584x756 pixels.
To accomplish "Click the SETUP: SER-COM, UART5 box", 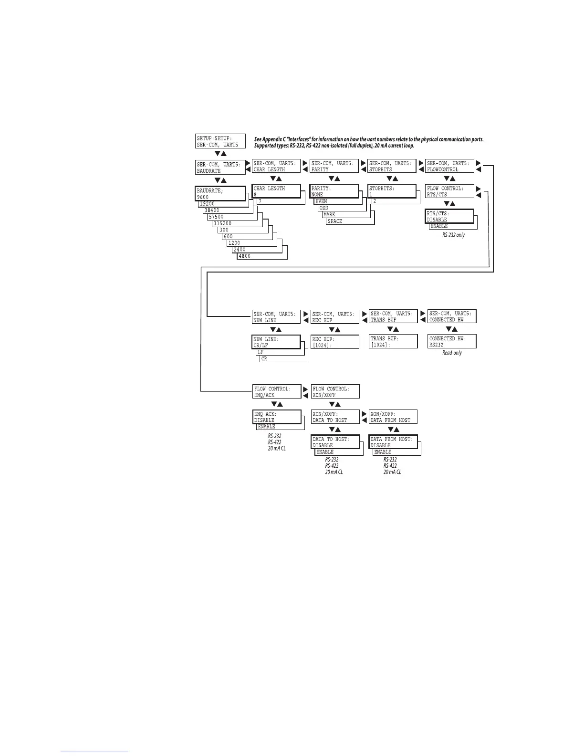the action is pos(220,141).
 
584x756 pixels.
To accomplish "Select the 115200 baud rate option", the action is pos(223,223).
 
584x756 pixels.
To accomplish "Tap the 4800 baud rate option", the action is pos(245,256).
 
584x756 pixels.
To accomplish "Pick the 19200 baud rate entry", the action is pos(208,204).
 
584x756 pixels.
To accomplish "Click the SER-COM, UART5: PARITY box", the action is pos(334,166).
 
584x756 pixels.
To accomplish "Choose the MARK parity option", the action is pos(330,215).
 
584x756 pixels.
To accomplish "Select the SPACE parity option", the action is pos(335,221).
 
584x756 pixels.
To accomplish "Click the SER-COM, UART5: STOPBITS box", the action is pos(392,166).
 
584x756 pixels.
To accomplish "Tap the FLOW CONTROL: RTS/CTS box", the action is pos(449,191).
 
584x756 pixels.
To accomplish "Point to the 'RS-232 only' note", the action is pos(453,235).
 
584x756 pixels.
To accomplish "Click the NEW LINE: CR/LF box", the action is pos(276,342).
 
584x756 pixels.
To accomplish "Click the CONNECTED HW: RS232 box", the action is pos(452,341).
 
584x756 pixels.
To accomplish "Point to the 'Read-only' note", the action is pos(452,353).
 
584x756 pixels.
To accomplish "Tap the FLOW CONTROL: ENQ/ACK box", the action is pos(277,392).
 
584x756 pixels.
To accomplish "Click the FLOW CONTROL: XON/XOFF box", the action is pos(335,392).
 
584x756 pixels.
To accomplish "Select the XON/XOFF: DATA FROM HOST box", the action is pos(393,417).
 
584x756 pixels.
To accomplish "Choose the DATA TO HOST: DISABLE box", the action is pos(335,442).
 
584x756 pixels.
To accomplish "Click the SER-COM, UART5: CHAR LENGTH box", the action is pos(276,166).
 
